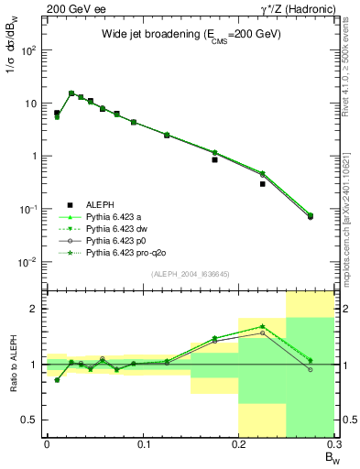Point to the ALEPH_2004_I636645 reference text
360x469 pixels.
pos(178,273)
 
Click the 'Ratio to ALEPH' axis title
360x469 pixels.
pos(16,365)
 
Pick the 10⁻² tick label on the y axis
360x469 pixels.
pos(28,262)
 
